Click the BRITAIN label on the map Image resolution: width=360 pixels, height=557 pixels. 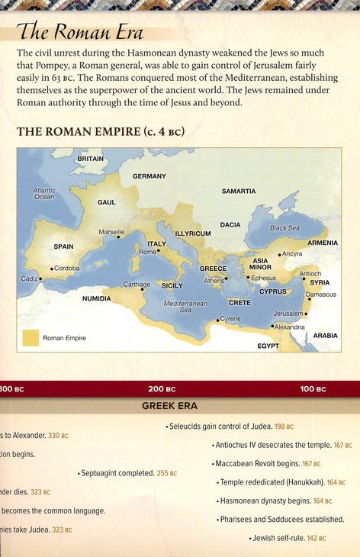90,159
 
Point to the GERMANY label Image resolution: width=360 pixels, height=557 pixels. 149,176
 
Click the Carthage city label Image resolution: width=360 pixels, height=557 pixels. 137,285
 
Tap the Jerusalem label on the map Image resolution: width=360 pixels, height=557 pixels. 288,314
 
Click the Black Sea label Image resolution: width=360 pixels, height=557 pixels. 284,228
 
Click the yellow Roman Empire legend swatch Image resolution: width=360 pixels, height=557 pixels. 31,337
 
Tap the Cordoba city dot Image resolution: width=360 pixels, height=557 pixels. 52,269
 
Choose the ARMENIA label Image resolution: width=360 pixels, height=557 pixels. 323,243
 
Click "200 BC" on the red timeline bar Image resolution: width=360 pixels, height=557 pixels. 162,389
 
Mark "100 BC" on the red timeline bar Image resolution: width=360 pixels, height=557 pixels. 313,389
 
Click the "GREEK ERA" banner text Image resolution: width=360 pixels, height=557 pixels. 170,406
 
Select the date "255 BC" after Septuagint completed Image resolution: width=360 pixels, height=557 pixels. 167,473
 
